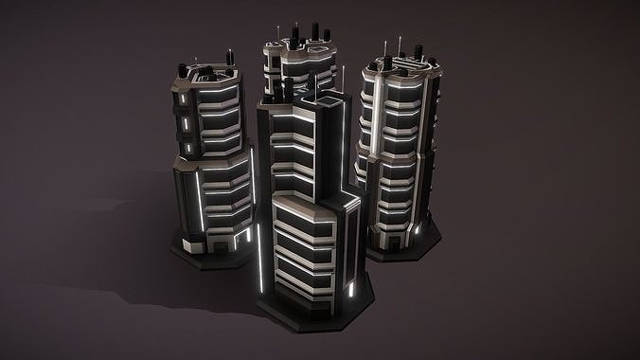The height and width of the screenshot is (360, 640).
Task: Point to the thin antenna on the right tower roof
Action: pyautogui.click(x=401, y=45)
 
